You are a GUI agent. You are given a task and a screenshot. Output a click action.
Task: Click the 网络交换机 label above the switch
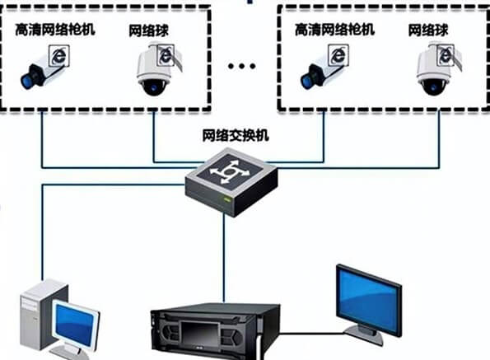tap(236, 136)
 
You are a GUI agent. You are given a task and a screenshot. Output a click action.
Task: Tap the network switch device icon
tap(231, 183)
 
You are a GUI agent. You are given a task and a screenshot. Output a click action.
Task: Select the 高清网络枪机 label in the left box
tap(55, 30)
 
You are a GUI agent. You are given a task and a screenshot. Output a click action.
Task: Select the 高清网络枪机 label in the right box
tap(334, 30)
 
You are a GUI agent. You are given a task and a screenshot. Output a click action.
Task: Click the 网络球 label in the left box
tap(149, 30)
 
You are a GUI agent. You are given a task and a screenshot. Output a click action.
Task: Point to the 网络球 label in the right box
tap(428, 30)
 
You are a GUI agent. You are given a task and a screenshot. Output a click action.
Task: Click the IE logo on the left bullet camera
tap(59, 56)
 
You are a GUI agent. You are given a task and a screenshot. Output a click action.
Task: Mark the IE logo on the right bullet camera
tap(338, 56)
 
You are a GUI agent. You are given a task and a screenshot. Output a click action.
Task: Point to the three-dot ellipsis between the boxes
tap(241, 66)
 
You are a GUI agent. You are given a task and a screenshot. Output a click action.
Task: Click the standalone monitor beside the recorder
tap(369, 305)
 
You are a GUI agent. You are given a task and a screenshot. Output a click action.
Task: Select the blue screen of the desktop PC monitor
tap(74, 325)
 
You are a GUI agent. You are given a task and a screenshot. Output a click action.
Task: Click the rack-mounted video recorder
tap(215, 332)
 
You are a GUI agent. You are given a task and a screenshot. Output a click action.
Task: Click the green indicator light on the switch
tap(226, 199)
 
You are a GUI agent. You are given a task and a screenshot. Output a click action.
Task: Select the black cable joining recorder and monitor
tap(311, 334)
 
